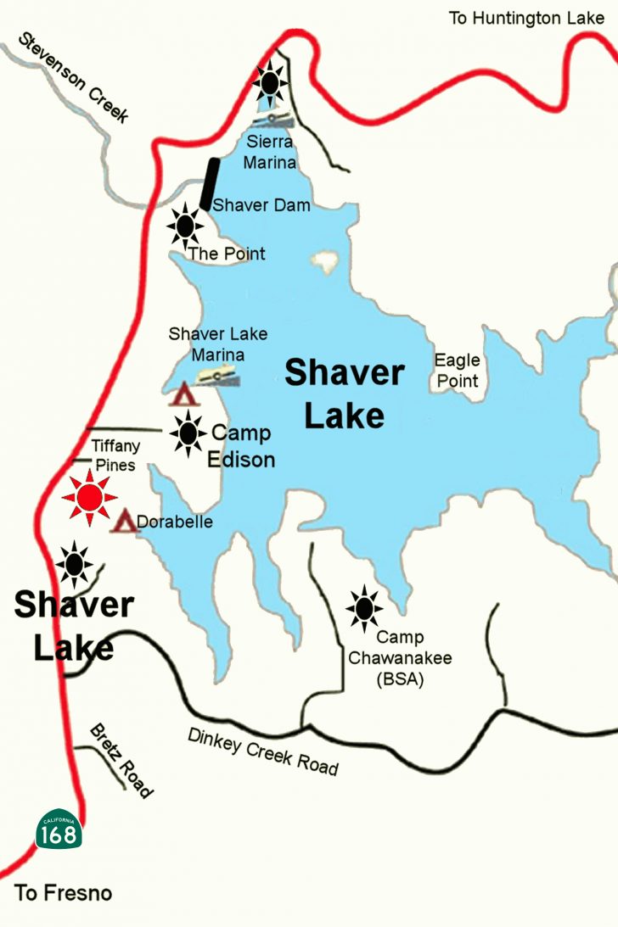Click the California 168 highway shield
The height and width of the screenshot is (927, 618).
pos(59,830)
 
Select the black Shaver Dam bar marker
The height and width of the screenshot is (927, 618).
pos(209,184)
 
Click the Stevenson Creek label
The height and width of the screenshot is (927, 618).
pos(74,77)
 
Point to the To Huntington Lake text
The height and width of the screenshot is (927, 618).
pos(526,18)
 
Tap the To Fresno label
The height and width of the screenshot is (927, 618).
pos(64,893)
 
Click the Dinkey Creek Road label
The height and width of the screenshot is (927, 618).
pos(263,751)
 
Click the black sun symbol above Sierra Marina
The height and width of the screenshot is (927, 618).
pos(271,82)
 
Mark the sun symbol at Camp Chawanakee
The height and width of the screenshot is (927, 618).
pos(364,607)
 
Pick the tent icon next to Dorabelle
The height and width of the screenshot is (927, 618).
pos(124,522)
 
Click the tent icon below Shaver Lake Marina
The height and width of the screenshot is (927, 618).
pos(182,395)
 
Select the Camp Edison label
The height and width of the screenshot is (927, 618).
pos(242,446)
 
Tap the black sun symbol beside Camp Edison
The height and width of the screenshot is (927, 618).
pos(188,434)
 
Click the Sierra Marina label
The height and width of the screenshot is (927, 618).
pos(270,151)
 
